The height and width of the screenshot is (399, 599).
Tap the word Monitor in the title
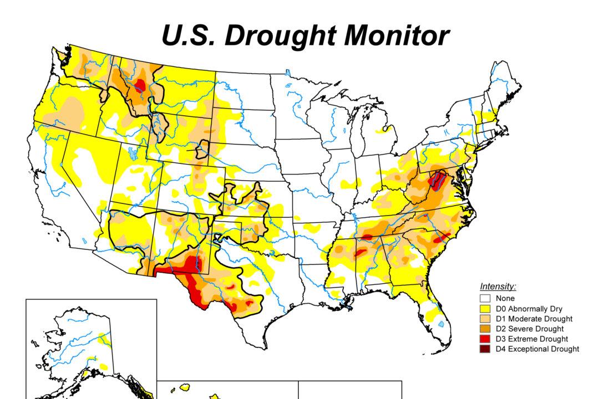(387, 35)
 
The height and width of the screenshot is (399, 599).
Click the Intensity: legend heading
(498, 287)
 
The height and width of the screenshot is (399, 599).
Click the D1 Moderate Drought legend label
(534, 319)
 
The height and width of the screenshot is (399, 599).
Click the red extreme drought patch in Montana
(139, 85)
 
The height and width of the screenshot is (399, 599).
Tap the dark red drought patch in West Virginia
(438, 180)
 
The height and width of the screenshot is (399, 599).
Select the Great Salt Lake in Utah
(131, 153)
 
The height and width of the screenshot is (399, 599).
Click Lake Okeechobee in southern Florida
(440, 324)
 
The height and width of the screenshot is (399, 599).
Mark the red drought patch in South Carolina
(442, 238)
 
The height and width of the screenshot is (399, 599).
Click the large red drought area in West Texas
(191, 280)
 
